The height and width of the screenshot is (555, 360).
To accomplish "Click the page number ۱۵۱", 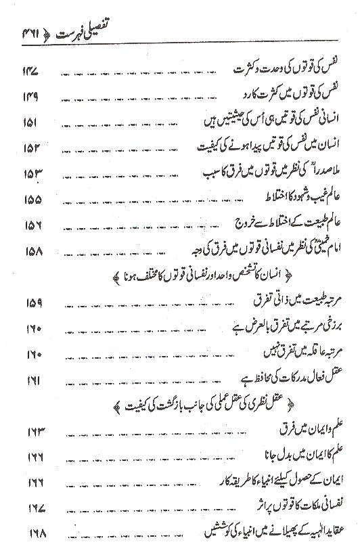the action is pyautogui.click(x=35, y=123).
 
